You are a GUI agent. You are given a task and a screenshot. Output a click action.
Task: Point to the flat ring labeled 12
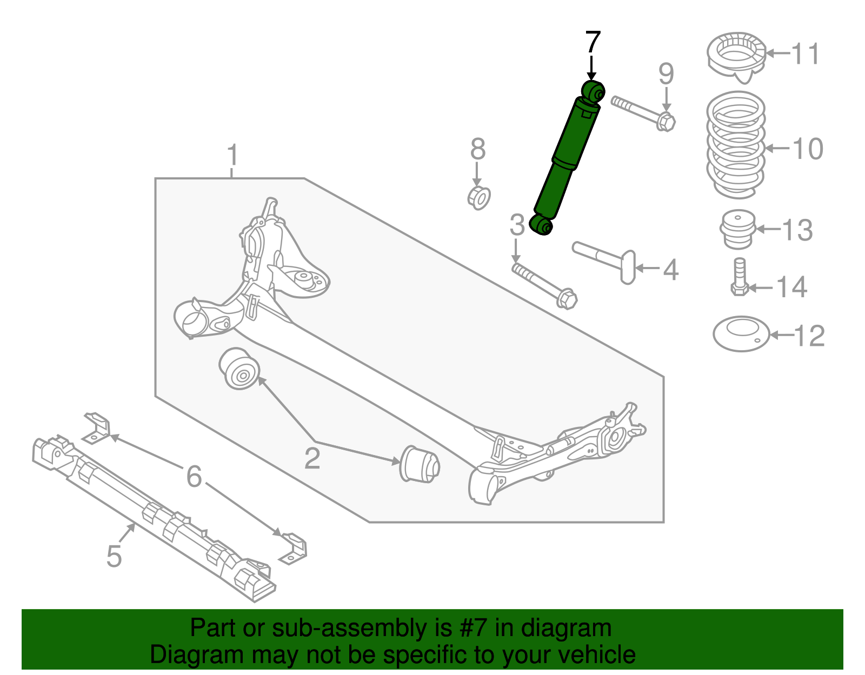pyautogui.click(x=741, y=333)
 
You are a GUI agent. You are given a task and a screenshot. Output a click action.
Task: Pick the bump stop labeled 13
pyautogui.click(x=737, y=230)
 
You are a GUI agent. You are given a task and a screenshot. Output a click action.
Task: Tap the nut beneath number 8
pyautogui.click(x=478, y=198)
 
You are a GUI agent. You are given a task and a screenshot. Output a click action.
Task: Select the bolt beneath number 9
pyautogui.click(x=643, y=113)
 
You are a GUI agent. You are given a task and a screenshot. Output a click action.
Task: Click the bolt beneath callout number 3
pyautogui.click(x=545, y=284)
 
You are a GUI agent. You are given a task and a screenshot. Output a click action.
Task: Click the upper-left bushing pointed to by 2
pyautogui.click(x=239, y=369)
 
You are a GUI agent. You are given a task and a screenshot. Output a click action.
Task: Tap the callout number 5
pyautogui.click(x=114, y=556)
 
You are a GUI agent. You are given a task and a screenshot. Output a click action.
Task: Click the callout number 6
pyautogui.click(x=194, y=477)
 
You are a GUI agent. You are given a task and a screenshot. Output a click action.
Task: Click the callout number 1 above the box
pyautogui.click(x=232, y=156)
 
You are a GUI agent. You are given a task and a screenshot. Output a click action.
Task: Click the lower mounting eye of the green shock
pyautogui.click(x=541, y=225)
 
